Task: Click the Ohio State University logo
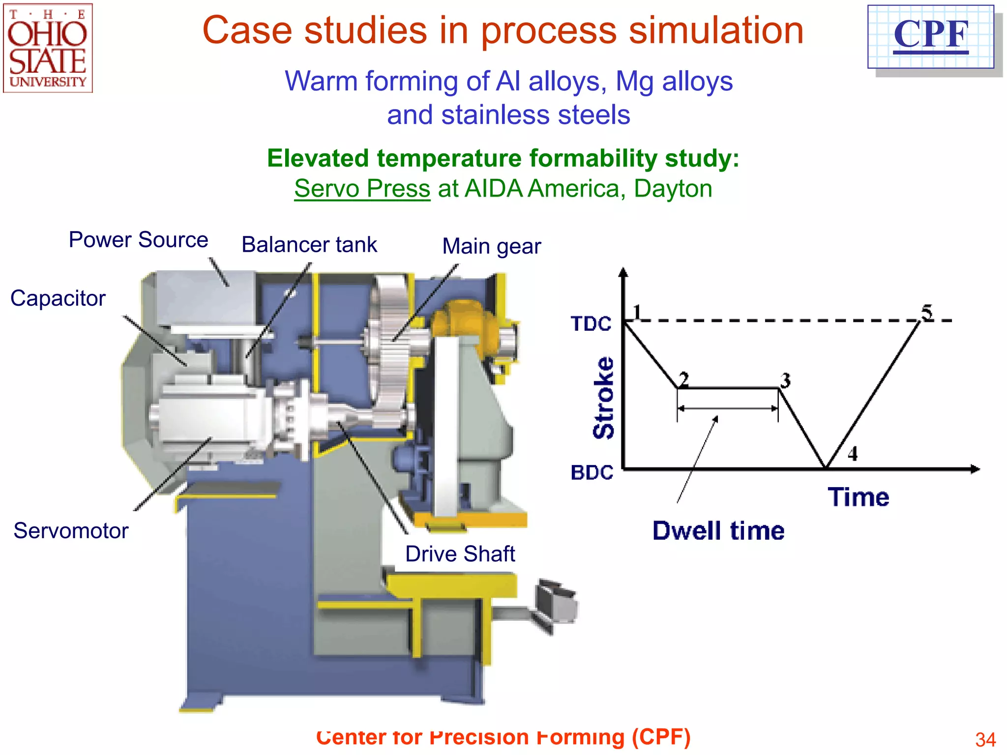click(x=48, y=48)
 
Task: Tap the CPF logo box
click(x=931, y=37)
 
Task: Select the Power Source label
click(x=138, y=240)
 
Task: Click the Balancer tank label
click(x=309, y=245)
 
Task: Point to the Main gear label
click(x=491, y=246)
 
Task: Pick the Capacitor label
click(x=58, y=298)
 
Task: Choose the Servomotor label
click(x=71, y=531)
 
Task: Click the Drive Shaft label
click(x=460, y=554)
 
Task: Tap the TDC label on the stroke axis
click(x=591, y=324)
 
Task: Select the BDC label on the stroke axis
click(x=592, y=472)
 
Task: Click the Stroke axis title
click(x=604, y=398)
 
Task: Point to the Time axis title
click(x=859, y=497)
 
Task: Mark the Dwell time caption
click(x=718, y=531)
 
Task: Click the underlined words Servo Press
click(x=362, y=189)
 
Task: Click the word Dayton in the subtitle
click(x=673, y=189)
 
